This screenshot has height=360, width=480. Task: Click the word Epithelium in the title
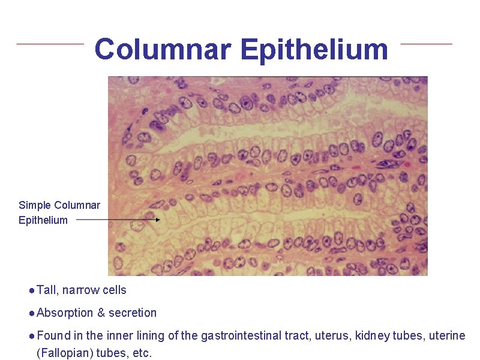pyautogui.click(x=314, y=49)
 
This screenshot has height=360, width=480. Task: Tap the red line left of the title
pyautogui.click(x=50, y=43)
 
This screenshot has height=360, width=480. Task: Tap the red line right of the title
pyautogui.click(x=426, y=43)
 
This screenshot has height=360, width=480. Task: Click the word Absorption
pyautogui.click(x=65, y=313)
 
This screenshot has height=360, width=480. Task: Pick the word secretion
pyautogui.click(x=133, y=313)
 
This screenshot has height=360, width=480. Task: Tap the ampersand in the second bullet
pyautogui.click(x=101, y=313)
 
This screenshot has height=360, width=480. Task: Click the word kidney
pyautogui.click(x=372, y=336)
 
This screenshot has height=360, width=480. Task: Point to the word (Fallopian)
pyautogui.click(x=64, y=353)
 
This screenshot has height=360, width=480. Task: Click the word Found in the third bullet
pyautogui.click(x=53, y=336)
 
